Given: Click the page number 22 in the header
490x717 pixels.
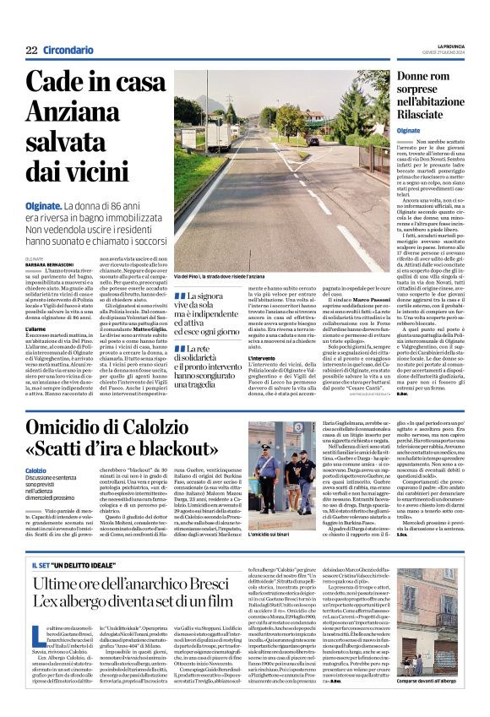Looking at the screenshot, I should [x=31, y=50].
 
